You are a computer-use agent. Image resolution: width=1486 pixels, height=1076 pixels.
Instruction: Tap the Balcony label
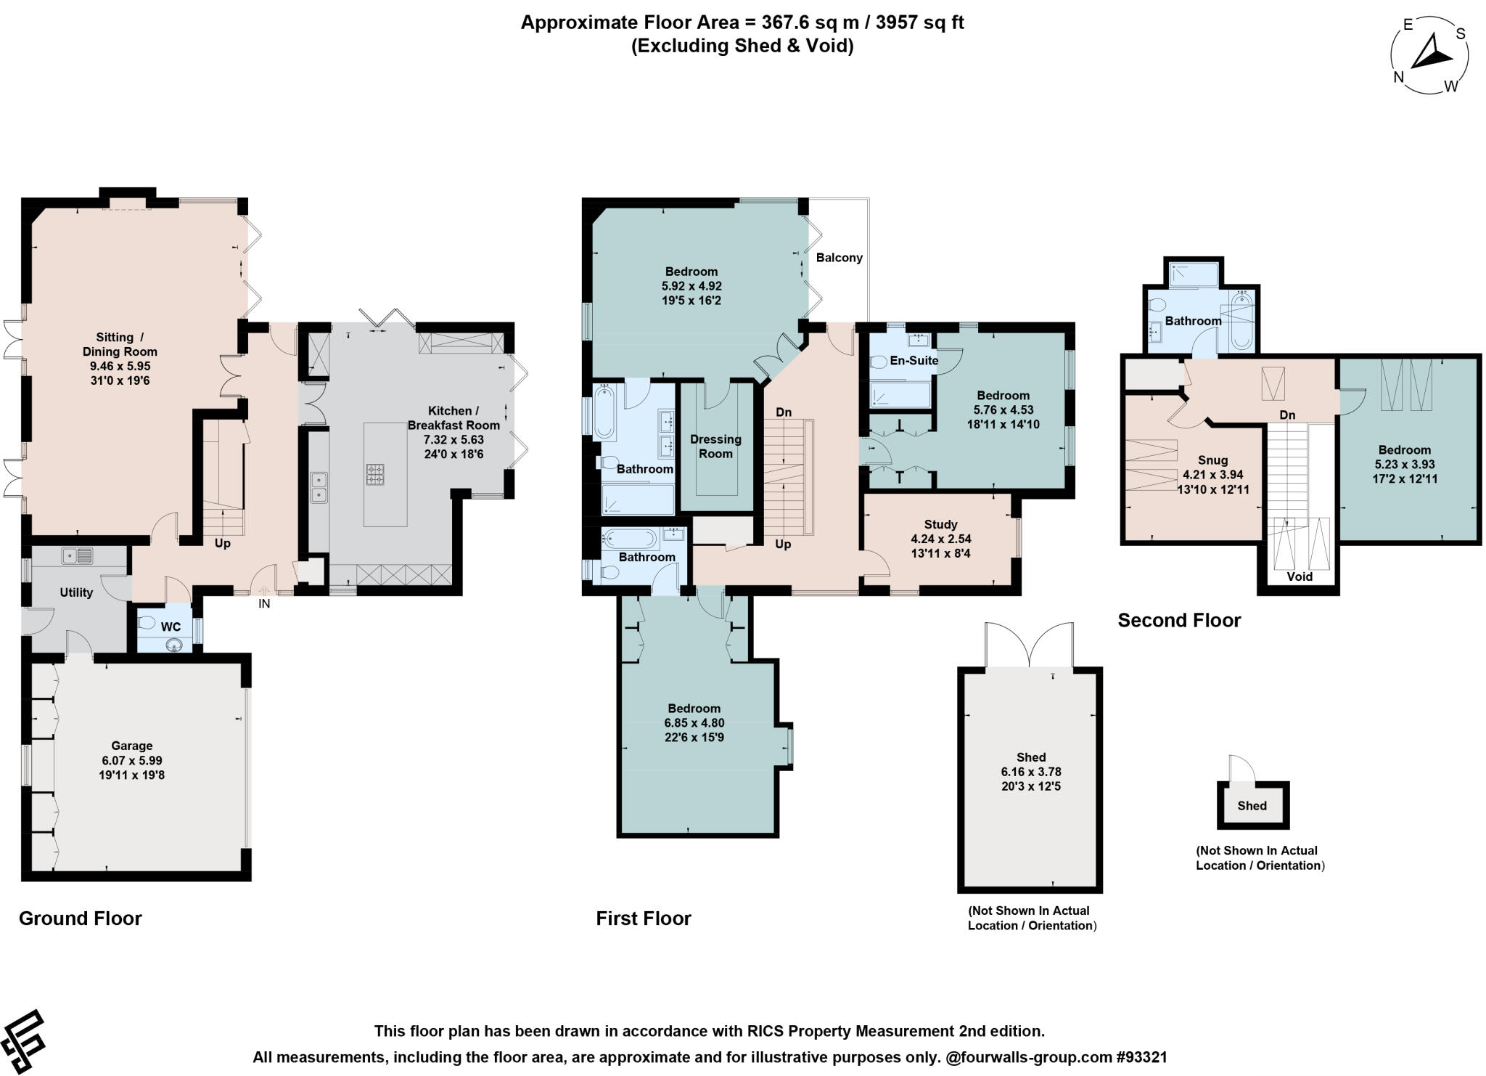coord(839,258)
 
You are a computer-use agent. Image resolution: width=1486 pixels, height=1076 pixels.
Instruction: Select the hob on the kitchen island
coord(375,475)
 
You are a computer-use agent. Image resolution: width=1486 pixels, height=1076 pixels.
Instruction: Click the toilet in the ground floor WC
coord(147,623)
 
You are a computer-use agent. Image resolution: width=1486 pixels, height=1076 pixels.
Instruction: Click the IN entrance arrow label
coord(264,603)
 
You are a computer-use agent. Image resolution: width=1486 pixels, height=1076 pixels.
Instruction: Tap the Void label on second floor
coord(1300,576)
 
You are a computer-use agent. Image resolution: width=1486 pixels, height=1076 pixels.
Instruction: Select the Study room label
coord(940,524)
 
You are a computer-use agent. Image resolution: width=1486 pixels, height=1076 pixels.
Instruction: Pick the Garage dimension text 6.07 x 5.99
coord(132,760)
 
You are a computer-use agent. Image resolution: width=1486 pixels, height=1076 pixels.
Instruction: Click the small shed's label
coord(1252,806)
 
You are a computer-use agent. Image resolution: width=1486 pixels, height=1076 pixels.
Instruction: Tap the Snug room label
coord(1212,460)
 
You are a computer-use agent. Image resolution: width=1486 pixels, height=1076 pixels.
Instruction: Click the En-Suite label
coord(914,360)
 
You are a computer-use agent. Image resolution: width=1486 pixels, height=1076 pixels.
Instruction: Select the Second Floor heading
coord(1178,620)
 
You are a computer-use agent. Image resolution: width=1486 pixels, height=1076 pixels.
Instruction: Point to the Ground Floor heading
coord(80,918)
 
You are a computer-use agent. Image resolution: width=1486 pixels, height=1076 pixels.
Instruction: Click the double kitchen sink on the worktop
coord(319,487)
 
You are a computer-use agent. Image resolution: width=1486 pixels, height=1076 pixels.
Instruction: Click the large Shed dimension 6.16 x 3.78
coord(1030,772)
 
